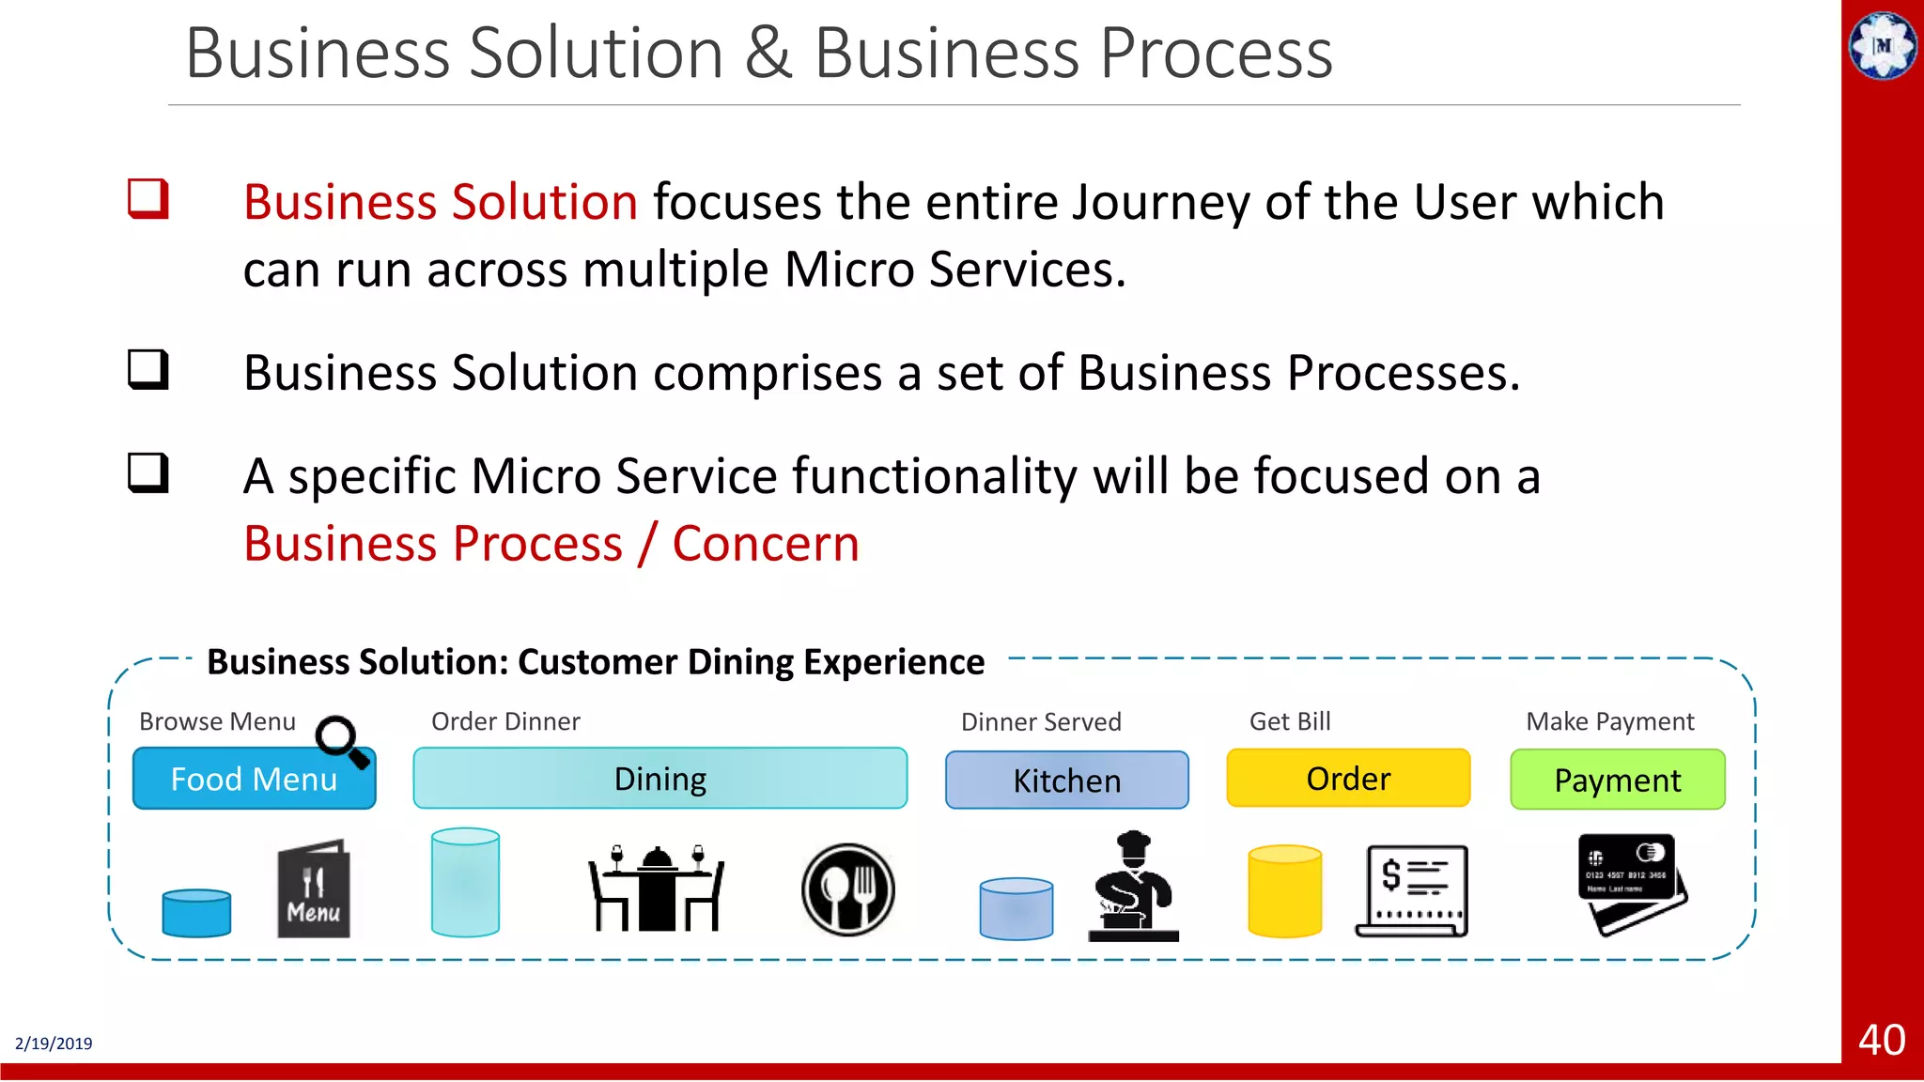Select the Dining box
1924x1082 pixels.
659,779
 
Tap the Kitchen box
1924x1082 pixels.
1066,781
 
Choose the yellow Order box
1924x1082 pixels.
1348,779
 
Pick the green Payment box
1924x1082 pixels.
1617,781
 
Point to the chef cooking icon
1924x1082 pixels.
1133,887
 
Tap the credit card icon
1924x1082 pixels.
1633,884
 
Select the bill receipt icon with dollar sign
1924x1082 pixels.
1412,890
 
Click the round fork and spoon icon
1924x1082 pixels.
847,889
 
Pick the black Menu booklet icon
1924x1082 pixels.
313,889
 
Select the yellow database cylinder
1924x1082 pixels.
1284,891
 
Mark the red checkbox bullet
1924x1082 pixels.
148,199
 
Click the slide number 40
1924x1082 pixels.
1882,1040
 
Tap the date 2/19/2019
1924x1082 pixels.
54,1043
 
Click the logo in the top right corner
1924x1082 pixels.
1883,45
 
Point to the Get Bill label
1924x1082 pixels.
1289,721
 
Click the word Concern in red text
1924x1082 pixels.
766,544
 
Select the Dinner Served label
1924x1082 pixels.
1040,722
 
